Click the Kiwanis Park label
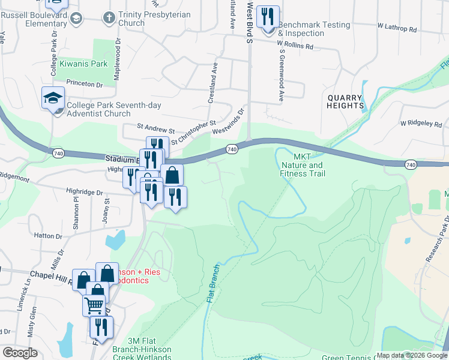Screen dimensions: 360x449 tap(83, 63)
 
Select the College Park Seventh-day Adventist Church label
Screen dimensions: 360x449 tap(99, 109)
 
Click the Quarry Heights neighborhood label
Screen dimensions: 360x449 tap(345, 102)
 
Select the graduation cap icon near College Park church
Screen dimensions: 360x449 tap(53, 97)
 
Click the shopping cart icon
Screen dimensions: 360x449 tap(94, 305)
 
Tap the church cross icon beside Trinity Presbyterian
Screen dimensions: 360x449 tap(109, 18)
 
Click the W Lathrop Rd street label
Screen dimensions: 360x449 tap(397, 28)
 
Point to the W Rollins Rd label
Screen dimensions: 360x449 tap(296, 43)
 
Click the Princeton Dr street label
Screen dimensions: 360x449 tap(85, 84)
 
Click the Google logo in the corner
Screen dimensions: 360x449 tap(20, 353)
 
